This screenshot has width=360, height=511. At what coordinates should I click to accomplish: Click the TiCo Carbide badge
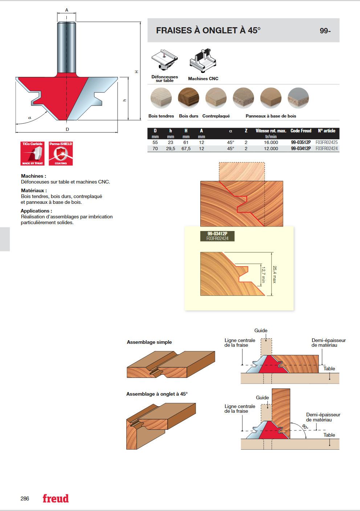pos(32,153)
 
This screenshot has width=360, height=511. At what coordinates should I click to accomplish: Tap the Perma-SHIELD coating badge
pos(61,153)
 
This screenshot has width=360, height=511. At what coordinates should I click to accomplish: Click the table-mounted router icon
pos(164,60)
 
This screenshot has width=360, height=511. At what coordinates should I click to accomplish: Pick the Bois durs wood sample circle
pos(189,98)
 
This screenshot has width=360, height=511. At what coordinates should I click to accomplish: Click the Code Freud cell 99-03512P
pos(300,143)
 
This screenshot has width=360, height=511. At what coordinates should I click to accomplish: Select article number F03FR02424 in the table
pos(327,148)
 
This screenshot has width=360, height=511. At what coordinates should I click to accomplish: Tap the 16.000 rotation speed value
pos(271,143)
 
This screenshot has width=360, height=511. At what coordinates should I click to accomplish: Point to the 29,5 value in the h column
pos(171,148)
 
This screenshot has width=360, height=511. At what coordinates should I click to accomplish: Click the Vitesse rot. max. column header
pos(271,131)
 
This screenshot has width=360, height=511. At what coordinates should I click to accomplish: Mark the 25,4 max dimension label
pos(275,275)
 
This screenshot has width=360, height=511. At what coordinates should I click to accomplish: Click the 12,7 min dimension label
pos(263,275)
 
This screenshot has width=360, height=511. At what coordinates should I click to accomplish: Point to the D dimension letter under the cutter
pos(67,129)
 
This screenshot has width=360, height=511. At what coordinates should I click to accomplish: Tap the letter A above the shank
pos(67,10)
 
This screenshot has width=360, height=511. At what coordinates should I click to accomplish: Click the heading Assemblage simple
pos(149,342)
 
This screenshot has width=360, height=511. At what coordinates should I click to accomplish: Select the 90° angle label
pos(305,427)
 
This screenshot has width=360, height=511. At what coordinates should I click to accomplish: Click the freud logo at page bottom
pos(56,499)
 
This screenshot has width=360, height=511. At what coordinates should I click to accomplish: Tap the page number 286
pos(25,499)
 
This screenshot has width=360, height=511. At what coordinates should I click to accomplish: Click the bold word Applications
pos(35,211)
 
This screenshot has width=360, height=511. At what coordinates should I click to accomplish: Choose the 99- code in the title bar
pos(325,30)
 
